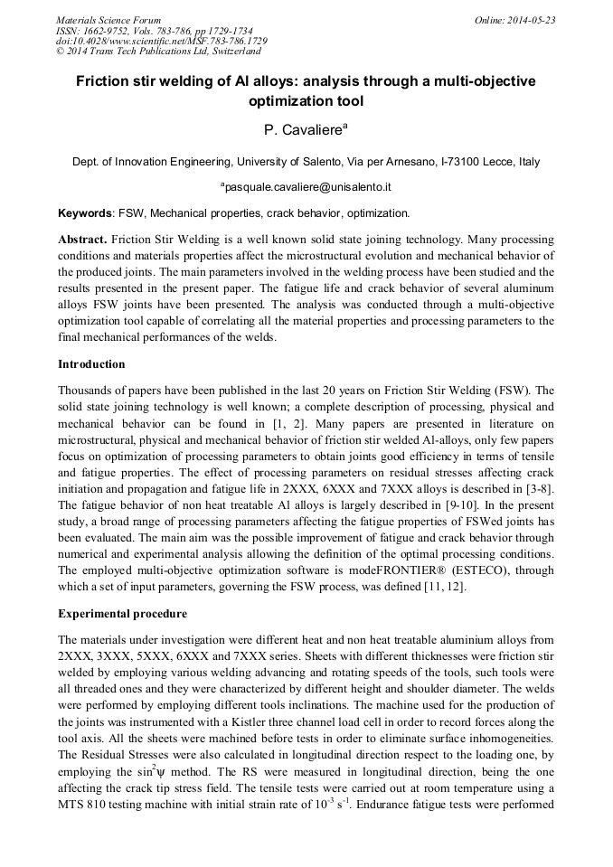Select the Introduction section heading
[91, 364]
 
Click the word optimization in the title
[306, 102]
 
